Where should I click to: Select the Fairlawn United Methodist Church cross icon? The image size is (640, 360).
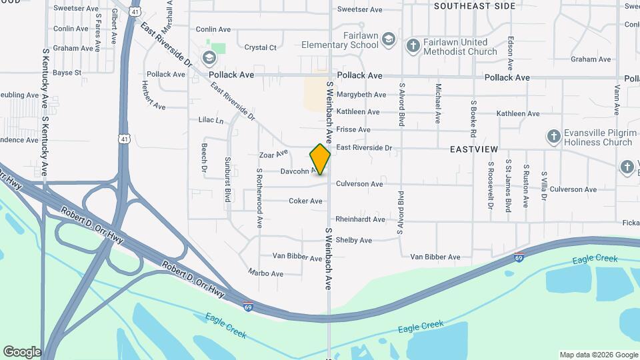(x=413, y=45)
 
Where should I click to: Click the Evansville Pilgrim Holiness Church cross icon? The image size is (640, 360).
(x=553, y=137)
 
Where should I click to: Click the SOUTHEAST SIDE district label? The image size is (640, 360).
(x=475, y=6)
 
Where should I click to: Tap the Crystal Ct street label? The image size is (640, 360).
(x=260, y=48)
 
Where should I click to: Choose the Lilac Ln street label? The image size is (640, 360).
(x=211, y=121)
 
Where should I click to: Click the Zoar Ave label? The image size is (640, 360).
(x=273, y=154)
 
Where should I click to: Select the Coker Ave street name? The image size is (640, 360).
(x=305, y=201)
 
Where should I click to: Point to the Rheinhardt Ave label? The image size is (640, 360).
(x=360, y=219)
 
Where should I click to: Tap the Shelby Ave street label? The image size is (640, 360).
(x=353, y=240)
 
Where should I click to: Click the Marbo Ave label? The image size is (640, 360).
(x=265, y=273)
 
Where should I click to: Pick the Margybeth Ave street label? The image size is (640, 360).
(x=361, y=95)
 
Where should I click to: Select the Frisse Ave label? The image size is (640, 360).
(x=353, y=129)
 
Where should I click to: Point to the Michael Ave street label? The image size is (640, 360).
(x=438, y=103)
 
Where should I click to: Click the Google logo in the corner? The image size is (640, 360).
(x=22, y=352)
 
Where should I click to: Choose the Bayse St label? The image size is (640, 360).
(x=67, y=73)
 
